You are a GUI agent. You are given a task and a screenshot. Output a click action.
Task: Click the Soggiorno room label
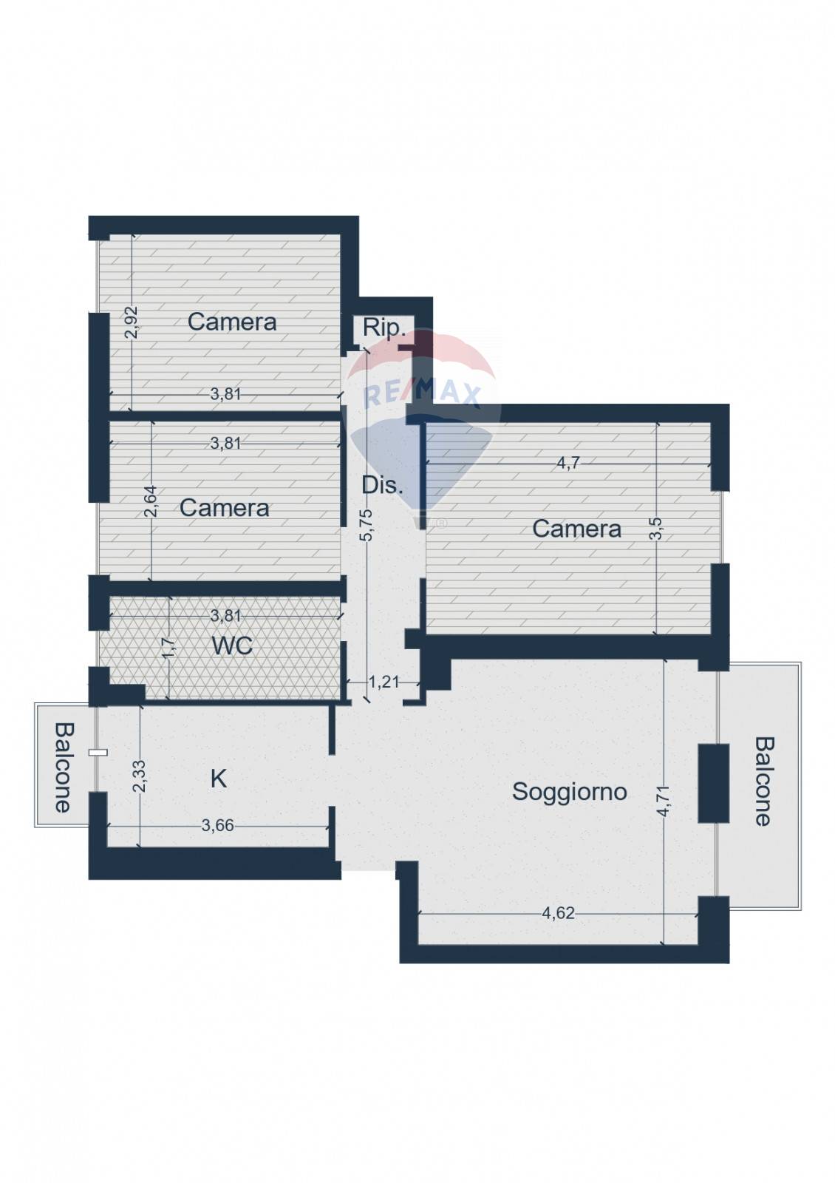[x=570, y=792]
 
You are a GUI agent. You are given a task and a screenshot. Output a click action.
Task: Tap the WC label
[x=232, y=645]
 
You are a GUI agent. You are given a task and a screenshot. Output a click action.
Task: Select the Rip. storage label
[x=384, y=328]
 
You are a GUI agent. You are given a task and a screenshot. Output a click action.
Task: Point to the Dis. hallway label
[x=382, y=485]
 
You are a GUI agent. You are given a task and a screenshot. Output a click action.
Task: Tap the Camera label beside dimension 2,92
[x=232, y=322]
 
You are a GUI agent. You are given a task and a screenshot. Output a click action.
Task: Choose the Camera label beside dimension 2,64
[x=225, y=507]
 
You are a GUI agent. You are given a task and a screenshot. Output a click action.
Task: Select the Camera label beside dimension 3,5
[x=576, y=529]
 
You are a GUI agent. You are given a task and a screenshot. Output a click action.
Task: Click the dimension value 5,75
[x=366, y=525]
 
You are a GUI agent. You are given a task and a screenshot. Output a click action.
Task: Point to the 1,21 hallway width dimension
[x=384, y=682]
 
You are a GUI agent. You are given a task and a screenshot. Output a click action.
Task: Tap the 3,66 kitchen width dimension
[x=217, y=825]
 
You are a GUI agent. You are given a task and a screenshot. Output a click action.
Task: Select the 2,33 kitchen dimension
[x=140, y=776]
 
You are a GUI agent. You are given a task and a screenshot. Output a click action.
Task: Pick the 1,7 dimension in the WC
[x=168, y=648]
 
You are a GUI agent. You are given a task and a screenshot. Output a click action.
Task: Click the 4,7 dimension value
[x=568, y=463]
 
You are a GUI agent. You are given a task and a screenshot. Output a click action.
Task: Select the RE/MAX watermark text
[x=422, y=394]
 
